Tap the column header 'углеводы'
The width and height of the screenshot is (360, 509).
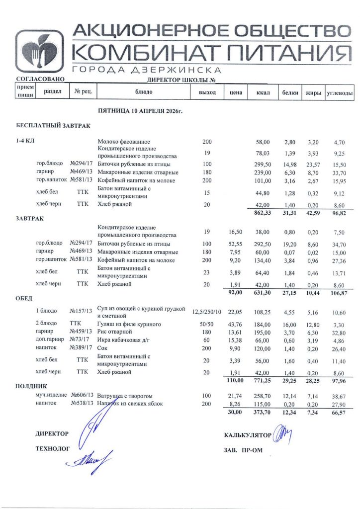tap(340, 92)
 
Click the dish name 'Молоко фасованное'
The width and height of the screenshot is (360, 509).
tap(124, 142)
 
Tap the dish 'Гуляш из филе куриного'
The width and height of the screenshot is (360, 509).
tap(129, 324)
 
